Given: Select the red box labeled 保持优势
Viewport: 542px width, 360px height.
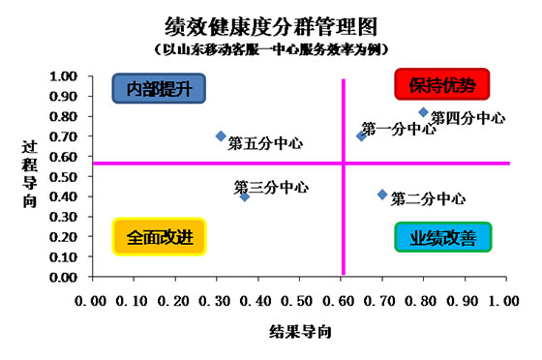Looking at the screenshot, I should click(442, 85).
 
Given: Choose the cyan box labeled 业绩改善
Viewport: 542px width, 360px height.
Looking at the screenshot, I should click(442, 237).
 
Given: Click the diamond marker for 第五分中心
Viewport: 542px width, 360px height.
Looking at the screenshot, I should click(221, 136).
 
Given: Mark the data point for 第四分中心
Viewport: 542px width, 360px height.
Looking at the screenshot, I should click(423, 112).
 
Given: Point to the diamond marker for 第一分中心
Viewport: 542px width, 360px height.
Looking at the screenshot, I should click(361, 136).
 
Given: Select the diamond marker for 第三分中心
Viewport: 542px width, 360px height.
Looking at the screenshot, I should click(245, 196).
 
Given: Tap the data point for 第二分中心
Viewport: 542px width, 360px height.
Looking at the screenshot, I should click(382, 195).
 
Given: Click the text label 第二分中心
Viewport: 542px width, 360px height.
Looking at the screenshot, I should click(427, 199).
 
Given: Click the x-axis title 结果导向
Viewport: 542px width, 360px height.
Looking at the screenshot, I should click(301, 332).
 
